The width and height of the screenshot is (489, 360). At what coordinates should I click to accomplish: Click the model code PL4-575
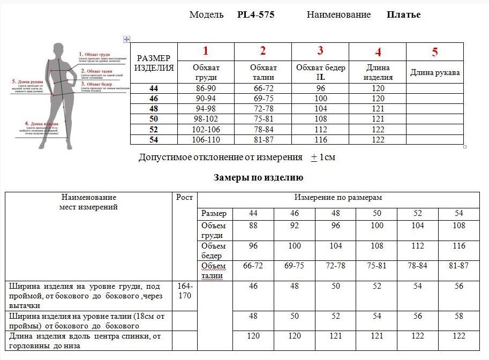pyautogui.click(x=255, y=15)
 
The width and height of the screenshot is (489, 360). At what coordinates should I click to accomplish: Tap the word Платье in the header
pyautogui.click(x=403, y=15)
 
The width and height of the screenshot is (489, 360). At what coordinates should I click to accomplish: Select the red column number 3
pyautogui.click(x=320, y=51)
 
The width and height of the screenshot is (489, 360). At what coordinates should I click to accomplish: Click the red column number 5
pyautogui.click(x=435, y=52)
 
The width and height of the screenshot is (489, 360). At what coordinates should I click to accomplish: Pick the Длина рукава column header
pyautogui.click(x=435, y=73)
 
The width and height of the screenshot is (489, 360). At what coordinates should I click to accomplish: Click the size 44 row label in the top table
pyautogui.click(x=154, y=88)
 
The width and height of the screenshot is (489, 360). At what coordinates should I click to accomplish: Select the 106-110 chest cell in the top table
pyautogui.click(x=206, y=140)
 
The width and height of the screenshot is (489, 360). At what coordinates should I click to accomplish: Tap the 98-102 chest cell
pyautogui.click(x=206, y=119)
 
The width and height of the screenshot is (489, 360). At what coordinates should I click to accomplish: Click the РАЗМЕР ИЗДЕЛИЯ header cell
pyautogui.click(x=154, y=63)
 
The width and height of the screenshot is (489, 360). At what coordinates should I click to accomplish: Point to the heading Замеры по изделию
pyautogui.click(x=259, y=177)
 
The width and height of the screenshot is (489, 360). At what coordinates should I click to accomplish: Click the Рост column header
pyautogui.click(x=184, y=197)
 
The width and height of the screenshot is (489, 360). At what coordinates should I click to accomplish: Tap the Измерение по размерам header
pyautogui.click(x=337, y=198)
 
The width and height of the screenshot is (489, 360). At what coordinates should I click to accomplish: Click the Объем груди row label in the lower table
pyautogui.click(x=213, y=230)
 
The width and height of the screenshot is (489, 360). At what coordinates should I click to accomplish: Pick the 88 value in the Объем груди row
pyautogui.click(x=253, y=226)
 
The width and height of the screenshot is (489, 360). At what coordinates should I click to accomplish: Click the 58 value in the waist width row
pyautogui.click(x=458, y=316)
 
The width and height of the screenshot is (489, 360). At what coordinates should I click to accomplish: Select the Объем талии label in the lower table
pyautogui.click(x=213, y=271)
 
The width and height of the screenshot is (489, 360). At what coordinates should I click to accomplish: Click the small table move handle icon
pyautogui.click(x=126, y=39)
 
